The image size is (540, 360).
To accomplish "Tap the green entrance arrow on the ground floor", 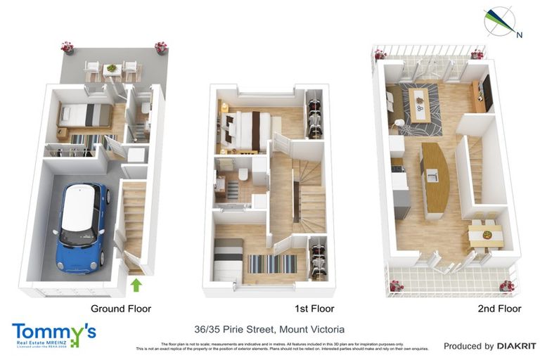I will point(136,285).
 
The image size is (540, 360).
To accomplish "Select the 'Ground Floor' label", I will point(120,308).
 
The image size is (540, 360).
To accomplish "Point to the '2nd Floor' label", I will point(499,308).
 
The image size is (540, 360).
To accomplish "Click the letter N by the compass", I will point(519,34).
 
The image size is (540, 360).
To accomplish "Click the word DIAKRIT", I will point(516,346).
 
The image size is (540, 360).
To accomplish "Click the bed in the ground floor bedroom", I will point(84,115).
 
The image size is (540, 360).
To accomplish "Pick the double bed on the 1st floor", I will point(243,129).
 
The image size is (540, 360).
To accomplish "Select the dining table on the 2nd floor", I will point(485,233).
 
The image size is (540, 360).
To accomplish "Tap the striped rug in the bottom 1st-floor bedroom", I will point(273,264).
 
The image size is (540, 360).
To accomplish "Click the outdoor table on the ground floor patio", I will point(111,69).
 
